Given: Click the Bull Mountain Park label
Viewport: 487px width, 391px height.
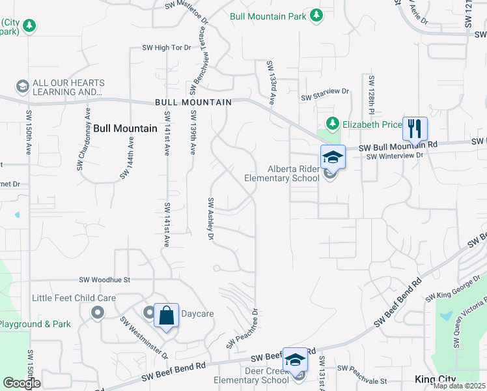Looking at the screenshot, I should [268, 15].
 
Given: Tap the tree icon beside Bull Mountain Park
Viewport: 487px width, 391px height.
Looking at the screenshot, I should [316, 15].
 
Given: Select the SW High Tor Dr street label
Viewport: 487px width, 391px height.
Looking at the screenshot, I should [167, 48].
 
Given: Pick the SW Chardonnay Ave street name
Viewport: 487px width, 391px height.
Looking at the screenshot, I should [82, 146].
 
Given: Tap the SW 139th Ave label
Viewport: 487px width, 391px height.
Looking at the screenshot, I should [193, 132].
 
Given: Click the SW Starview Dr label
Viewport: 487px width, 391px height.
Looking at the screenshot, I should [325, 98].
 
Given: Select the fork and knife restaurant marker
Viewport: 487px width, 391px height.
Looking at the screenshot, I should [415, 130].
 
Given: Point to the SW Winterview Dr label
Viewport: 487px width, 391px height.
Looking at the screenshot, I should [395, 156].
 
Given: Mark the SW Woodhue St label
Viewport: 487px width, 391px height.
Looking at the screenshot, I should [105, 280].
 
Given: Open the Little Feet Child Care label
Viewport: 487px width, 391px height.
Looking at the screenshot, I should [74, 298].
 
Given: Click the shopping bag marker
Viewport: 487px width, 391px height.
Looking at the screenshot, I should [166, 317].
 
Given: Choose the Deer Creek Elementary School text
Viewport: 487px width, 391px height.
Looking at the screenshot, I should [251, 376].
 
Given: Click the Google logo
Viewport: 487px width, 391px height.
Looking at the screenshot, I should [21, 383].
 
